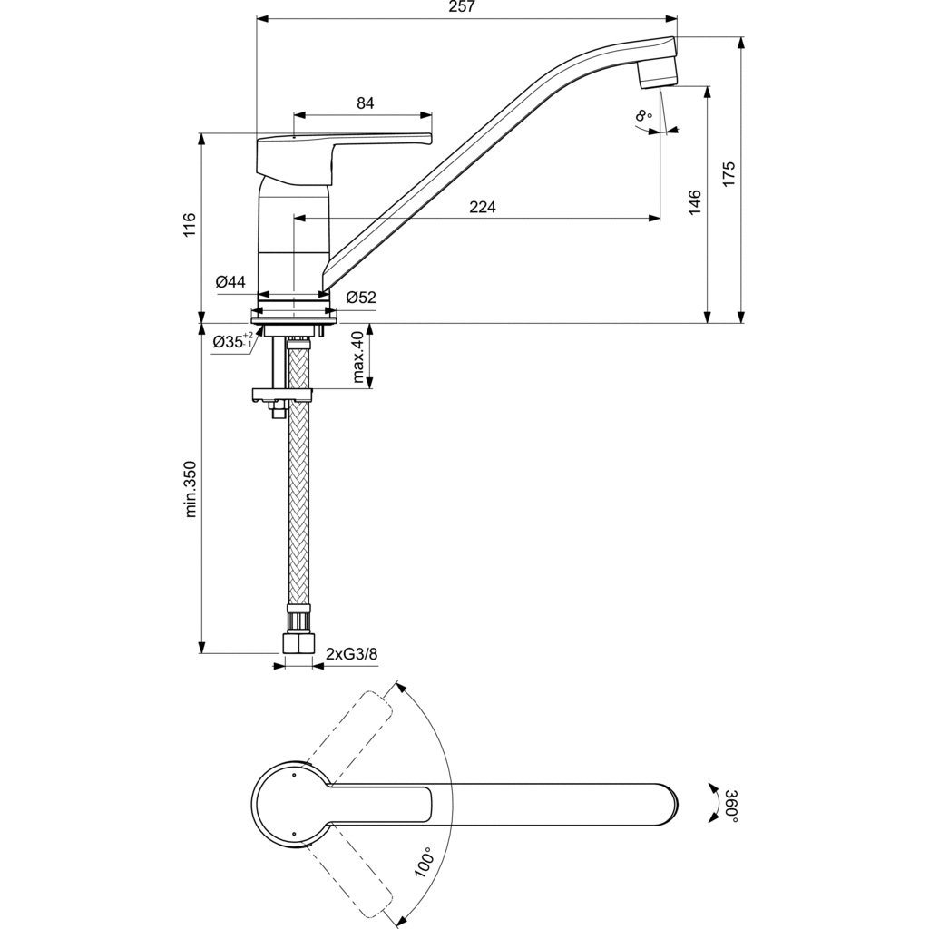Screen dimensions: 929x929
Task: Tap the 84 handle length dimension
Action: click(x=366, y=103)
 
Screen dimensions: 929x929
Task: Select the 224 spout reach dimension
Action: click(x=483, y=207)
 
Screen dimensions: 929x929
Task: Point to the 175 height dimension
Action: click(x=729, y=173)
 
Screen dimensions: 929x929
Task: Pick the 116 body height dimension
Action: click(x=189, y=225)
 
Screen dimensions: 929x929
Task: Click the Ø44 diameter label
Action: click(x=230, y=281)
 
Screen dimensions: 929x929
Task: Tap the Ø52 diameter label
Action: click(x=361, y=298)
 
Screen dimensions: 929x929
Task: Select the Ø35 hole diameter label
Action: click(x=233, y=341)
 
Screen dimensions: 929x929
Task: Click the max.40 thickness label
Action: click(x=357, y=357)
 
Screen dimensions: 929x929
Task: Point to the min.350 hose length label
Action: click(x=190, y=488)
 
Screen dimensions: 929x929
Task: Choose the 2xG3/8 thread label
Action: click(x=352, y=653)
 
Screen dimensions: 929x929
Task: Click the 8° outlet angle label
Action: click(x=643, y=115)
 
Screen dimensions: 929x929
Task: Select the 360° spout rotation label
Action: click(x=732, y=806)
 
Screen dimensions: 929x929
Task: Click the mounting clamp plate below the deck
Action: click(x=282, y=395)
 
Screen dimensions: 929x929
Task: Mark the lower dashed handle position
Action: click(x=349, y=877)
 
